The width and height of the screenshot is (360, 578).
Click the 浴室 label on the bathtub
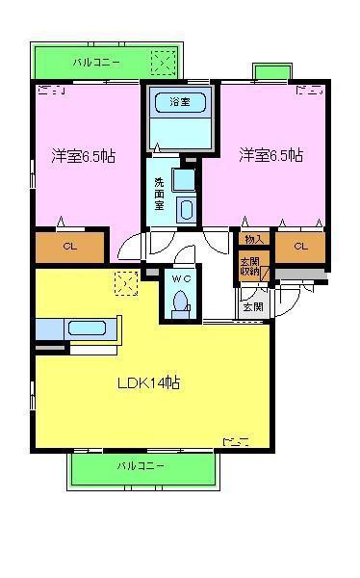click(180, 101)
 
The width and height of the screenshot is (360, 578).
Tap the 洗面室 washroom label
click(159, 194)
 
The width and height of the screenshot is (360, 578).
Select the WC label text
click(181, 279)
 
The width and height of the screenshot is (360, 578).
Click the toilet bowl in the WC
click(181, 300)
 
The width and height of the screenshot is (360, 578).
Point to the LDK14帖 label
click(148, 382)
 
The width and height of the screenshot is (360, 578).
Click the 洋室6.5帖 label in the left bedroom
click(84, 156)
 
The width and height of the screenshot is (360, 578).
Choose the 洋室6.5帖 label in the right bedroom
click(271, 155)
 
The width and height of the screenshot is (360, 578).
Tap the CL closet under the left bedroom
click(69, 247)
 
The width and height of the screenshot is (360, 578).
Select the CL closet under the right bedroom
click(300, 247)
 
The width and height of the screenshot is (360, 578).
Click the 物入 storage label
click(254, 239)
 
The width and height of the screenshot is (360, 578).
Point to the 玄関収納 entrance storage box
click(254, 266)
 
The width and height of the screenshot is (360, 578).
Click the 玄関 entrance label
click(253, 306)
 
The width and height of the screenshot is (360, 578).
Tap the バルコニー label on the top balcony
click(96, 62)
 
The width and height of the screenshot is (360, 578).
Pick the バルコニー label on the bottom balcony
click(141, 466)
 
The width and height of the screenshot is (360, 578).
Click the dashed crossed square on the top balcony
click(163, 63)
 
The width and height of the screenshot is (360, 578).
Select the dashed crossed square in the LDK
click(126, 283)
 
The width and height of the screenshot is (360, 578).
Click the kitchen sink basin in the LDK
click(87, 328)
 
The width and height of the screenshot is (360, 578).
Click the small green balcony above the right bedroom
click(272, 72)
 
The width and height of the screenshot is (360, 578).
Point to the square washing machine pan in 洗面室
click(184, 180)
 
